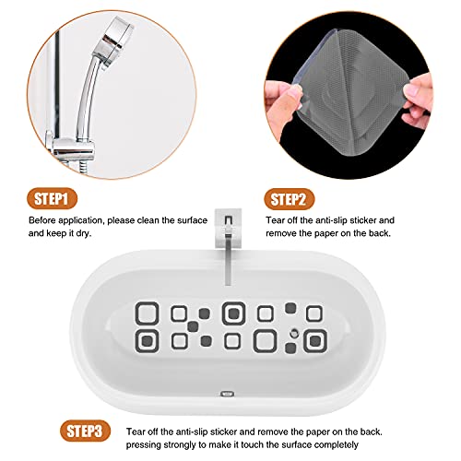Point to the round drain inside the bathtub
pyautogui.click(x=293, y=330)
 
